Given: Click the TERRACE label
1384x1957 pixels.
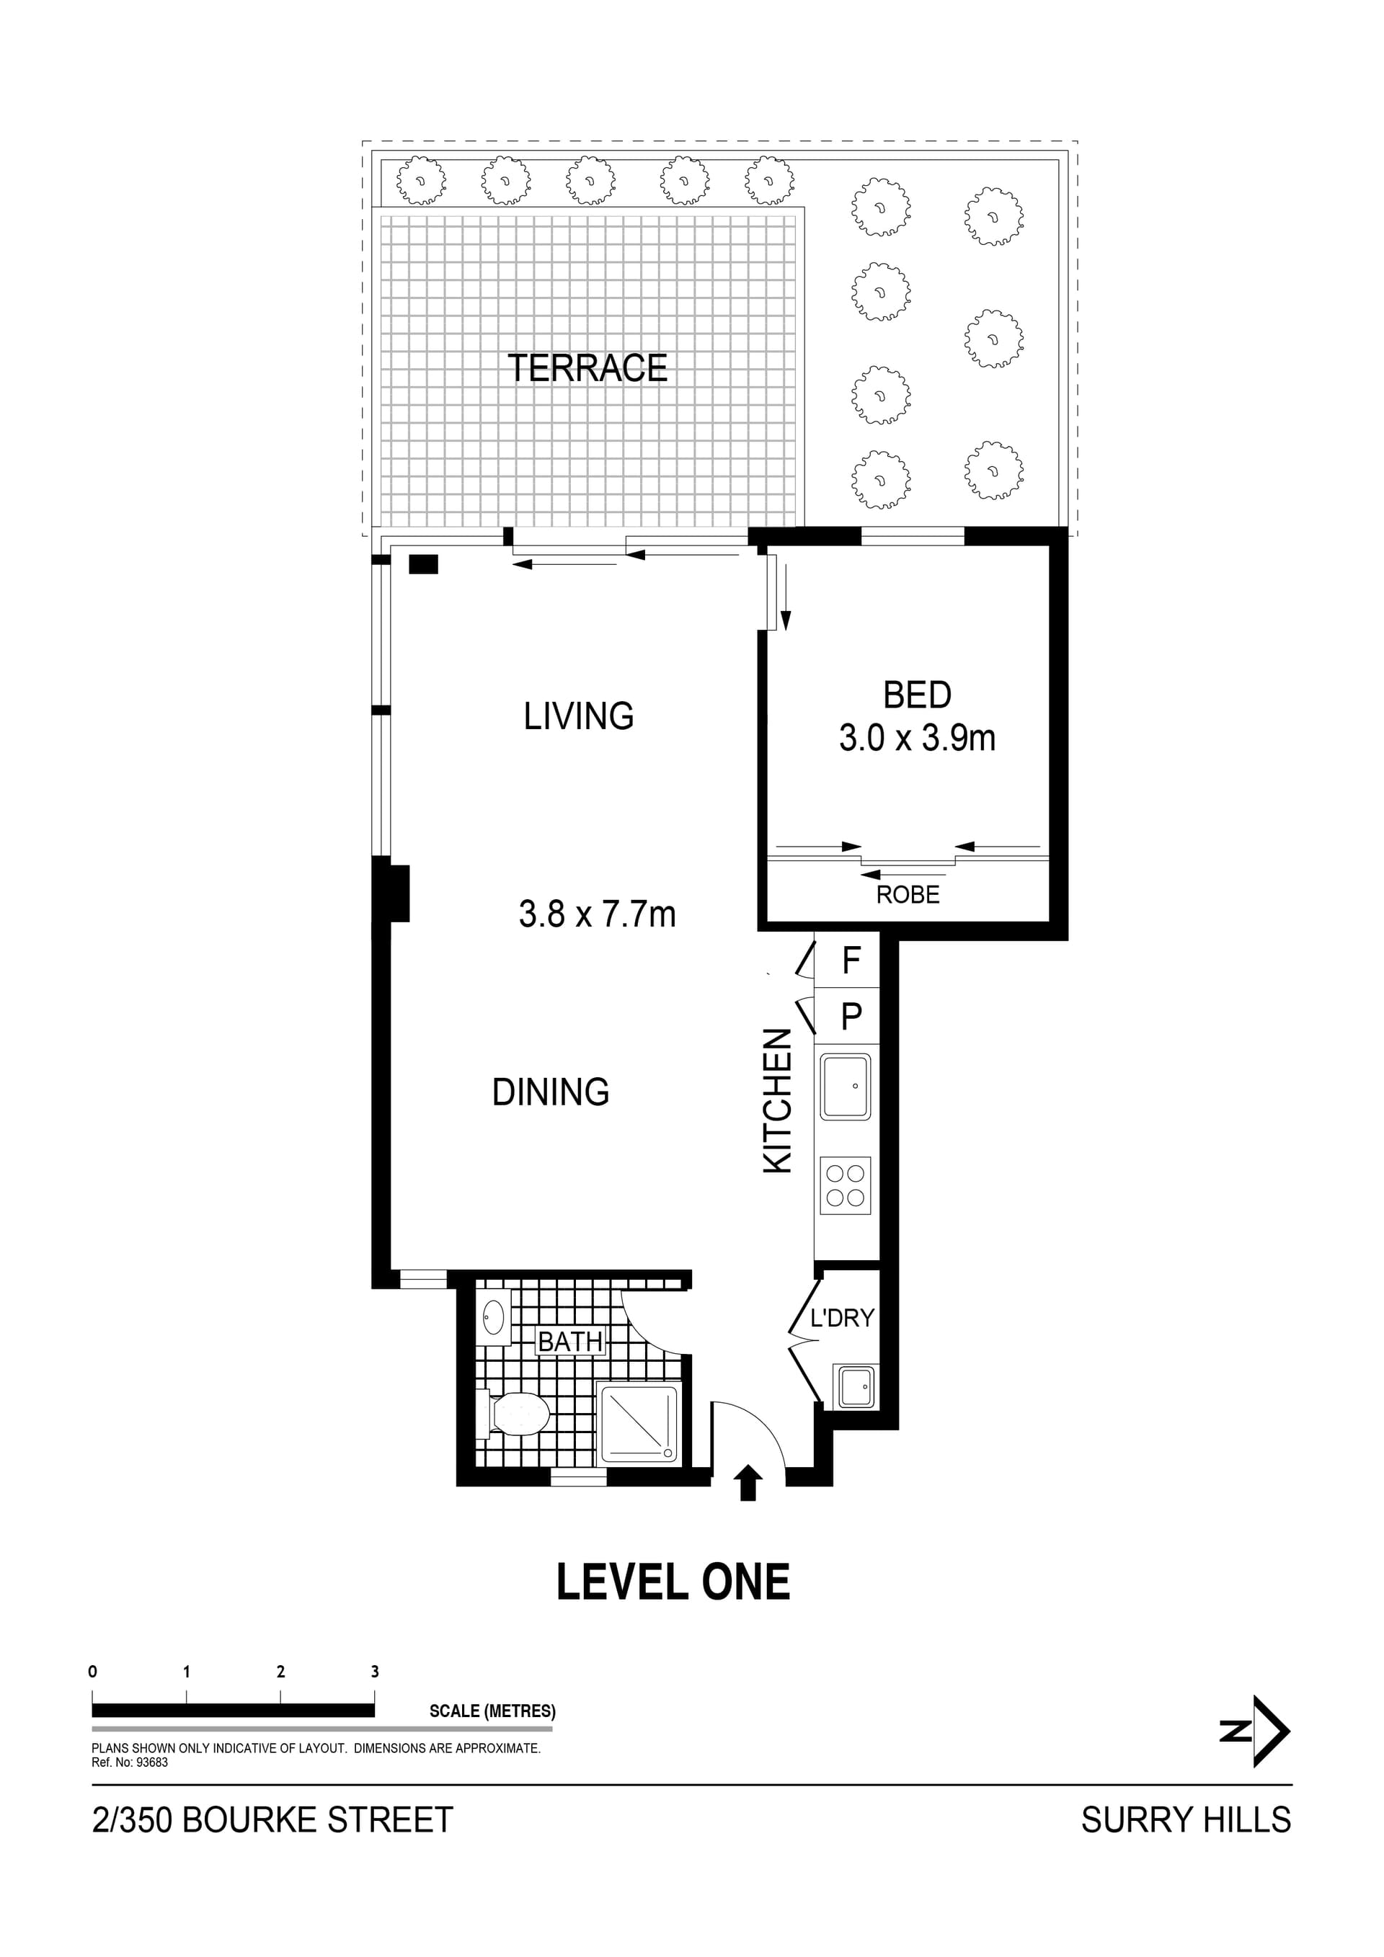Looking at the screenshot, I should pyautogui.click(x=587, y=368).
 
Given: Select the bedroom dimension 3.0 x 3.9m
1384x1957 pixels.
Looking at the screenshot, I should pyautogui.click(x=917, y=738).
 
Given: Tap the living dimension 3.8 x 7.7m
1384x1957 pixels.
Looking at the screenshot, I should pyautogui.click(x=597, y=914).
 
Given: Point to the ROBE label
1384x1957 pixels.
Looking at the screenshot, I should pyautogui.click(x=908, y=895).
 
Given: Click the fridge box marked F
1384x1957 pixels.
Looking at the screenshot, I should pyautogui.click(x=850, y=960).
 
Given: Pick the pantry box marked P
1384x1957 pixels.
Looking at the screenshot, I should pyautogui.click(x=850, y=1016).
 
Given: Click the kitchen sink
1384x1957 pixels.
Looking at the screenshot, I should pyautogui.click(x=845, y=1087).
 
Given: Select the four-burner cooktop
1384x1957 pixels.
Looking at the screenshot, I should pyautogui.click(x=845, y=1185).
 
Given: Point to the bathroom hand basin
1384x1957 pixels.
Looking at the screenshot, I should pyautogui.click(x=493, y=1319).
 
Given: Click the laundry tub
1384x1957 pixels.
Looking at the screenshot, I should pyautogui.click(x=853, y=1388).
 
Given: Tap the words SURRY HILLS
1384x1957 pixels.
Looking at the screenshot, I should pyautogui.click(x=1185, y=1820).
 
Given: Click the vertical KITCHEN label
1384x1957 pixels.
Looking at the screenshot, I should pyautogui.click(x=778, y=1101).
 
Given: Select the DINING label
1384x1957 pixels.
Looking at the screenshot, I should pyautogui.click(x=551, y=1092).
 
